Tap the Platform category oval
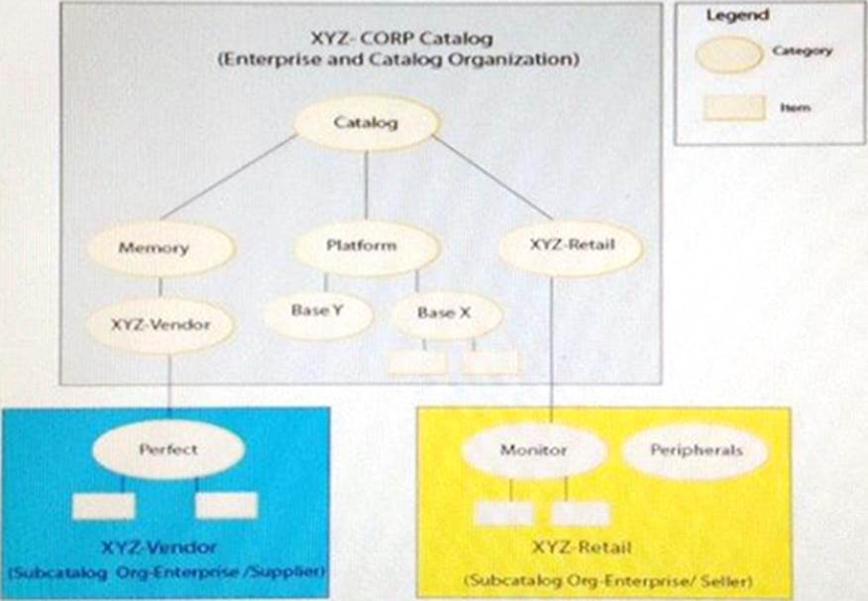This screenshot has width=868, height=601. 361,245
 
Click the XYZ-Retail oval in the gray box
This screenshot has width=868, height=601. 569,245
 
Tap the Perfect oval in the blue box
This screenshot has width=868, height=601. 167,450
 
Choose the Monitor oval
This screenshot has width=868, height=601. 534,451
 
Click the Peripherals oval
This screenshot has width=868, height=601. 696,451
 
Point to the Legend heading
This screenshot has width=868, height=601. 736,17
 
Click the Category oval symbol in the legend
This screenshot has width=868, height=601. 728,52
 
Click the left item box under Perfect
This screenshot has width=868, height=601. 104,506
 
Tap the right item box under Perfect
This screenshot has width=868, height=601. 226,506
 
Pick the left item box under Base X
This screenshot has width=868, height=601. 417,363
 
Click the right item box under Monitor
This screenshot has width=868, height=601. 581,513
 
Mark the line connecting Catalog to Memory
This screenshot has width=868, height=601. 228,177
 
